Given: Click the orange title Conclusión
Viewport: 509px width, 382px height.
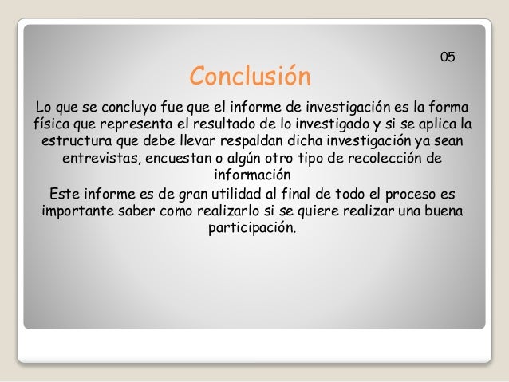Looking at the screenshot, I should click(249, 79).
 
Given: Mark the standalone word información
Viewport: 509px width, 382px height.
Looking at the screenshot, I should click(253, 175).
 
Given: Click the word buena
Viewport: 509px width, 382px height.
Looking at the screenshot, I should click(444, 212).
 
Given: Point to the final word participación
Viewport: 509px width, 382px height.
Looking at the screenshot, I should click(251, 230).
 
